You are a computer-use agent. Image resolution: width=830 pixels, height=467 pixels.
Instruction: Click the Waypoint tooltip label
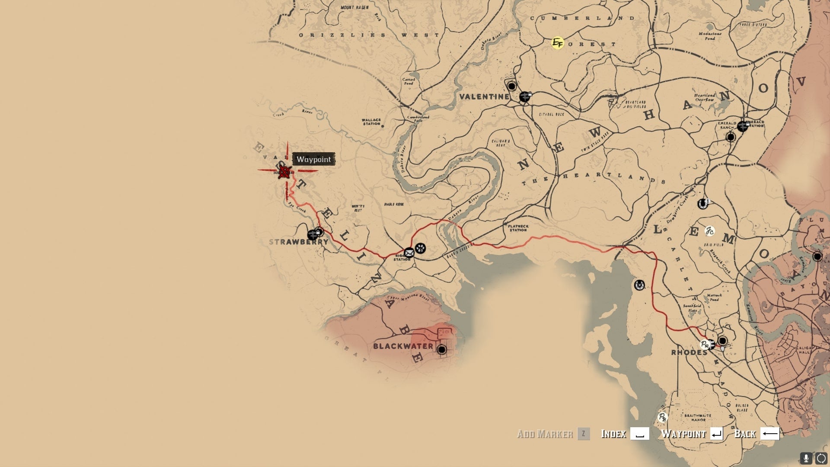(313, 159)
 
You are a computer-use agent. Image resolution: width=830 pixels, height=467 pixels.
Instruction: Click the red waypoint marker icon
(284, 172)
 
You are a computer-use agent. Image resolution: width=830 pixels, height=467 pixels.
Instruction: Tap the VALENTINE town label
(484, 96)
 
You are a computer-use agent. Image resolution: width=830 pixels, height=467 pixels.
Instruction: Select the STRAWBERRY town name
(298, 242)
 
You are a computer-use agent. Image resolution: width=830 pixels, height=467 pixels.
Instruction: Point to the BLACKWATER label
(403, 346)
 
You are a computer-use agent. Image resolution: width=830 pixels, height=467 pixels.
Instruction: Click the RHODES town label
(689, 352)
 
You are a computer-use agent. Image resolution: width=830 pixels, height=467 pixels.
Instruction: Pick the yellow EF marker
(558, 43)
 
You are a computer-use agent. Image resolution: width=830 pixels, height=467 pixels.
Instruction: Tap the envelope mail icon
(409, 253)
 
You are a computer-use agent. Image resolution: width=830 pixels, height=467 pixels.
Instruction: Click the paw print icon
(420, 248)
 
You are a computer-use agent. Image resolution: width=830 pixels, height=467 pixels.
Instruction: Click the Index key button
(639, 434)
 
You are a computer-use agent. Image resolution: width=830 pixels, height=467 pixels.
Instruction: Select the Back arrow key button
(769, 434)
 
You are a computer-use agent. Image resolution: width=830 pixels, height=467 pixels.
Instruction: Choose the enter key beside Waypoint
(716, 434)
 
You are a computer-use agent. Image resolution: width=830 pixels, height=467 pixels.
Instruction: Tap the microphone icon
(806, 458)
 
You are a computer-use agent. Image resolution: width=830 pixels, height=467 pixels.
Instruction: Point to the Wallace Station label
(371, 122)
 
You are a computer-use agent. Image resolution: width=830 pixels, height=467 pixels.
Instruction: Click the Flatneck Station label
(518, 228)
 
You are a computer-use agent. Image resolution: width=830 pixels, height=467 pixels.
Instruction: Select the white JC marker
(709, 231)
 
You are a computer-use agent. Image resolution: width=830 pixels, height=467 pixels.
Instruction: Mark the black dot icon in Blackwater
(441, 349)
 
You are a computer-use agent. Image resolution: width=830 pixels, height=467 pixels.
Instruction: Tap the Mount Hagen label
(354, 7)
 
